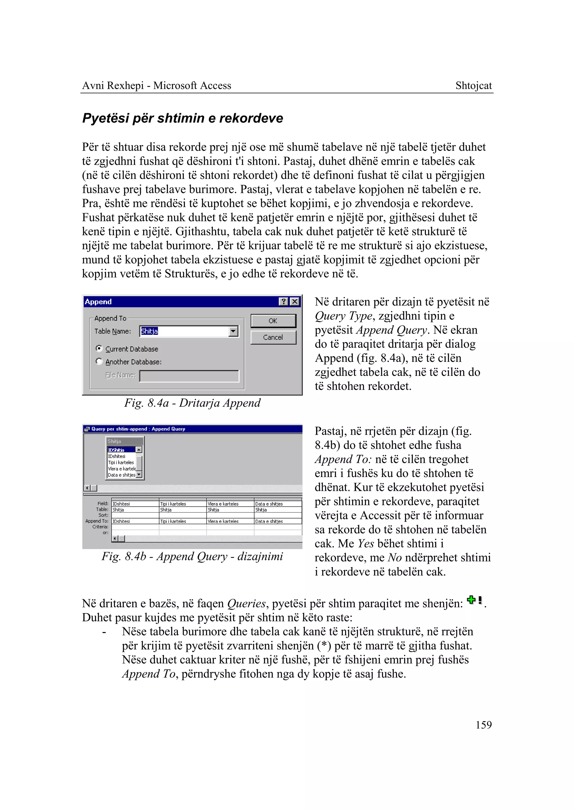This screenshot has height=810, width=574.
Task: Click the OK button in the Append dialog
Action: [273, 321]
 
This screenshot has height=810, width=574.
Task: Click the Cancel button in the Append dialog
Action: [273, 337]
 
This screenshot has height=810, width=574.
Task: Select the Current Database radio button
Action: [99, 348]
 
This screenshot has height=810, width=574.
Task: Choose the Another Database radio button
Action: [99, 361]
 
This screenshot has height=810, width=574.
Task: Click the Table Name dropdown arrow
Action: [233, 331]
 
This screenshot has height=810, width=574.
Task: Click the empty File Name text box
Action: [189, 376]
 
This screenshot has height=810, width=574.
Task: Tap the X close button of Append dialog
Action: [294, 301]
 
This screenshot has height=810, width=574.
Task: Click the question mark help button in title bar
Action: [283, 301]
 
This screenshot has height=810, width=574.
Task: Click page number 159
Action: [483, 725]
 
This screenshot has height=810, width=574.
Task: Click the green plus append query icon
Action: [471, 599]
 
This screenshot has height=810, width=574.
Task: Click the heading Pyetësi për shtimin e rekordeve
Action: [182, 118]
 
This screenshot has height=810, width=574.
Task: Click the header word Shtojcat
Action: [473, 85]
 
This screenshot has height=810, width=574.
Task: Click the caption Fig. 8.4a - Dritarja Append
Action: [192, 403]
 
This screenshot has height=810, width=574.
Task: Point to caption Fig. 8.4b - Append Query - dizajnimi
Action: [192, 556]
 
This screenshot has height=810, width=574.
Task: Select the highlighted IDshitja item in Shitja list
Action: [121, 450]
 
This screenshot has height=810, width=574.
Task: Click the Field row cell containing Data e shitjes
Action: [277, 504]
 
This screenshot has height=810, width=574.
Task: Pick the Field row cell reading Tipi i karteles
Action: [182, 504]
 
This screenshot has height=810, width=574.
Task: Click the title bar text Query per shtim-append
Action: [138, 429]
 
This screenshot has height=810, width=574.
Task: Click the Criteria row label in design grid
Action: [100, 527]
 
